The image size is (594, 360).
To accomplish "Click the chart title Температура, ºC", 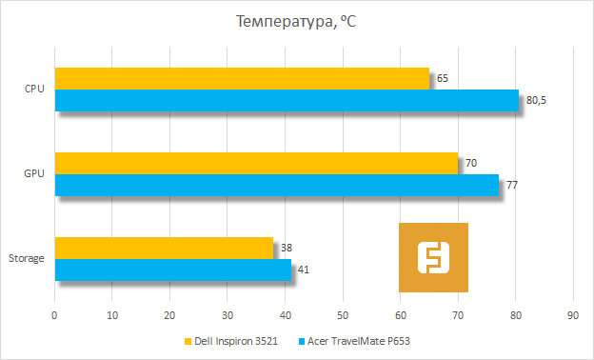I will tap(296, 21).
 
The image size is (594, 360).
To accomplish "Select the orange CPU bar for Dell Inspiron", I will tap(242, 79).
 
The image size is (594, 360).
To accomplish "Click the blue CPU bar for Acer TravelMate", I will tap(287, 101).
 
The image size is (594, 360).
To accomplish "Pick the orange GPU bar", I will tap(256, 163).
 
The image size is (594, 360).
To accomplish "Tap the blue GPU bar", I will tap(276, 185).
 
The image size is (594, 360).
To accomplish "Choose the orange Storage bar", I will tap(164, 248).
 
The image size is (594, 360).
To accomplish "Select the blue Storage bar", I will tap(172, 270).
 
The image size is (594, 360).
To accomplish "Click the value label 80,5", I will tap(538, 101).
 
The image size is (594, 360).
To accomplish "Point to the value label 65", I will tap(443, 79).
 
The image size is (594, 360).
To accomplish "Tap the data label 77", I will tap(512, 185).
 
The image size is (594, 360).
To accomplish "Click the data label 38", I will tap(287, 248).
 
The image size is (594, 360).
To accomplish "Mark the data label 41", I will tap(304, 270).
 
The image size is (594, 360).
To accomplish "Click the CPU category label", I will tap(34, 90).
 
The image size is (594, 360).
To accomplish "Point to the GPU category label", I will tap(34, 174).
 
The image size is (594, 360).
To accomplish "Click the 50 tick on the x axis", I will tap(343, 315).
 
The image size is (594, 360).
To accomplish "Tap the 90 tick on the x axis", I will tap(573, 315).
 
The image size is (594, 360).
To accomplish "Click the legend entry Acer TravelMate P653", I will tap(359, 341).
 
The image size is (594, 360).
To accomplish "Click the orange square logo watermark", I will tap(433, 257).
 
